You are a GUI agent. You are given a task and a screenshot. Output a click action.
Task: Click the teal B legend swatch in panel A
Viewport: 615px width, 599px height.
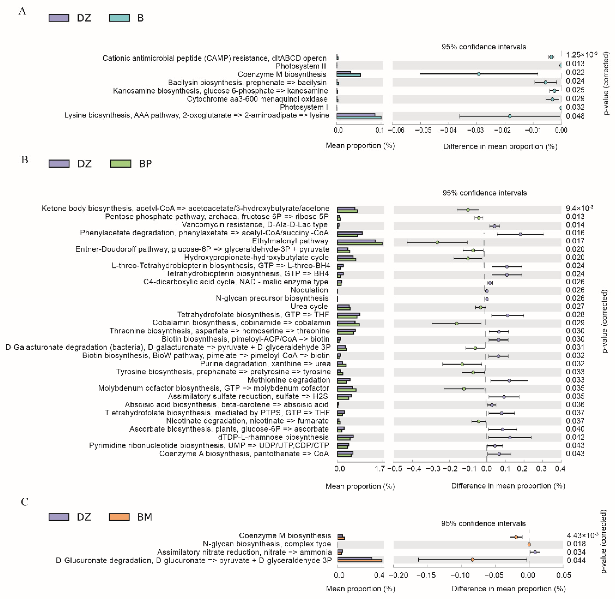[x=119, y=18]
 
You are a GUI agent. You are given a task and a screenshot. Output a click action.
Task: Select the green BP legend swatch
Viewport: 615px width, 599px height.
[x=121, y=164]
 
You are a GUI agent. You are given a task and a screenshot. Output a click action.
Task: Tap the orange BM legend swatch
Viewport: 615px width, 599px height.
[x=119, y=517]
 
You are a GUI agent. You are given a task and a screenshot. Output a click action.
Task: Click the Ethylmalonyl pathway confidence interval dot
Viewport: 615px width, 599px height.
[x=437, y=242]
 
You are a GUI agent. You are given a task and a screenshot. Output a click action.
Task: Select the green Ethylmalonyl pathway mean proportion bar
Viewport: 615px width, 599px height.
[x=360, y=243]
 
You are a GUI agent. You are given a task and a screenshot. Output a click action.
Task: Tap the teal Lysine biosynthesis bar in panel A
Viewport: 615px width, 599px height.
[x=359, y=118]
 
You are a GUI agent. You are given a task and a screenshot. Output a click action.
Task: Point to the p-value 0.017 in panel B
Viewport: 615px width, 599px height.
[x=575, y=241]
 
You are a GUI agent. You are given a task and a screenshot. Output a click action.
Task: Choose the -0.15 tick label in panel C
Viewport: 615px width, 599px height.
[x=426, y=575]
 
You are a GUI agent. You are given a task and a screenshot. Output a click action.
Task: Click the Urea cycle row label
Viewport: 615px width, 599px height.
[x=309, y=307]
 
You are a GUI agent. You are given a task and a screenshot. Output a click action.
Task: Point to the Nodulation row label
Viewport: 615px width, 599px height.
[x=309, y=290]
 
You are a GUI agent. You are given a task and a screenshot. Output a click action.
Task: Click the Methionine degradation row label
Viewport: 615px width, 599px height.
[x=289, y=380]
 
